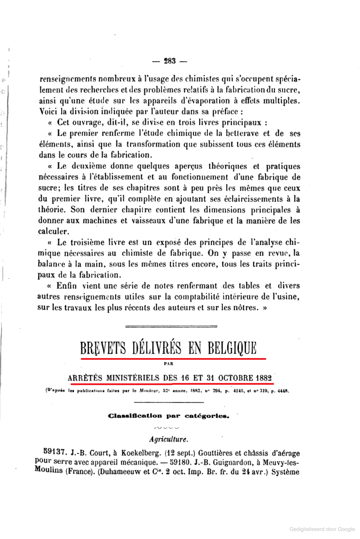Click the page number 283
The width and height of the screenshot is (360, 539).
pyautogui.click(x=170, y=61)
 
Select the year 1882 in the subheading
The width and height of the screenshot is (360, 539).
pyautogui.click(x=264, y=378)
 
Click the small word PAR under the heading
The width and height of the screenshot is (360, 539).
pyautogui.click(x=169, y=364)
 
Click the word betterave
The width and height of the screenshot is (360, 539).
pyautogui.click(x=243, y=133)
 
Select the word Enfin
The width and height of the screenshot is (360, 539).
pyautogui.click(x=66, y=286)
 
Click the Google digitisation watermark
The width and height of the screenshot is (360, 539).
pyautogui.click(x=322, y=529)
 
